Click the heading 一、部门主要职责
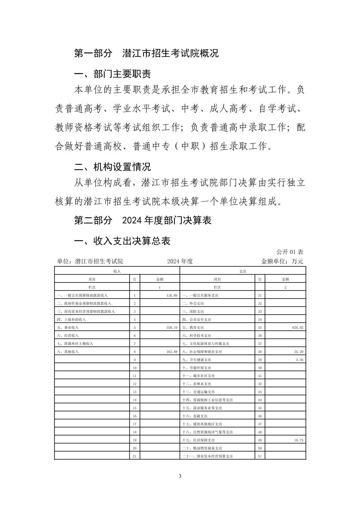112,74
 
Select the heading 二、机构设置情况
112,166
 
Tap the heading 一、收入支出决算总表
122,241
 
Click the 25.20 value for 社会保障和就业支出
298,352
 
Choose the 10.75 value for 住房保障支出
298,440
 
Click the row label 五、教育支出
193,328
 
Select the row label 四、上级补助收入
71,319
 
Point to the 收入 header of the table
117,271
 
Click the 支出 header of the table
243,271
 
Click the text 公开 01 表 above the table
290,252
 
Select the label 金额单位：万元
282,261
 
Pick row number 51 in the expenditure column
260,456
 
